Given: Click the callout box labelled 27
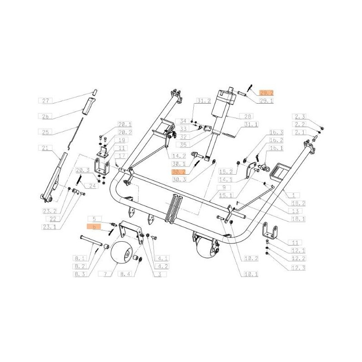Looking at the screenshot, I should point(45,100).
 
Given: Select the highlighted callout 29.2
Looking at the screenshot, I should point(267,93).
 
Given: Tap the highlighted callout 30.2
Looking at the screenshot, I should point(178,172).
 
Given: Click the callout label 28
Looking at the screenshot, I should point(248,116).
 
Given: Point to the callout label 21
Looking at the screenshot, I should point(45,148).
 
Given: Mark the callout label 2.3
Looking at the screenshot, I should point(300,116).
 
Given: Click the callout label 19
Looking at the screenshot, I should point(111,140).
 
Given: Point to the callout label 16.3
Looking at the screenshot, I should point(276,132).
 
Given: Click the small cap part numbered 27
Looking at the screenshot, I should point(95,92).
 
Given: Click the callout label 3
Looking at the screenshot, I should point(159,274).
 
